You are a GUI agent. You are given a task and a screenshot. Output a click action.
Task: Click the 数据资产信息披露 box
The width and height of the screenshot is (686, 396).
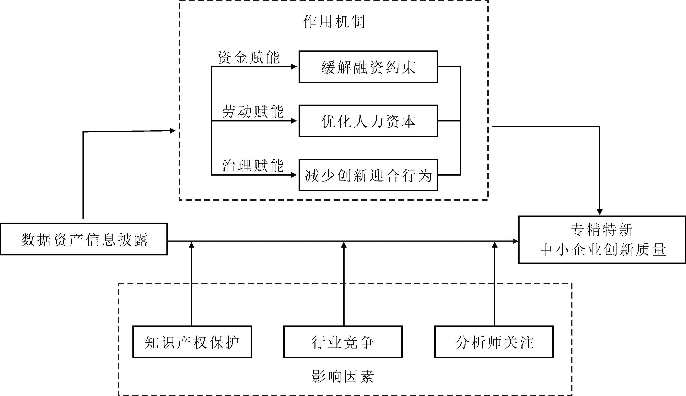(84, 239)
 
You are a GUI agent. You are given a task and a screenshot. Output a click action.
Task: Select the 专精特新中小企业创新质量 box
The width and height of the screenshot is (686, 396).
(602, 240)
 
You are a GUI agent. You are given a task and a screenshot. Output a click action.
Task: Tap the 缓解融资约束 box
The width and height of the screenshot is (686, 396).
(368, 67)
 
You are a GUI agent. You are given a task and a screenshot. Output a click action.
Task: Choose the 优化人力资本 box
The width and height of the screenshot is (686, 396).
(368, 121)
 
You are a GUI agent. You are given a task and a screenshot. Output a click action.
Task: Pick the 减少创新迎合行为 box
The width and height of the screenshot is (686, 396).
(368, 175)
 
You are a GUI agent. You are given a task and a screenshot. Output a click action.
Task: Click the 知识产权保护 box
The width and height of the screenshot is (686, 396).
(192, 342)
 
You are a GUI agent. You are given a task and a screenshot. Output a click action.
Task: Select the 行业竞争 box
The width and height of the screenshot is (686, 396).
(343, 342)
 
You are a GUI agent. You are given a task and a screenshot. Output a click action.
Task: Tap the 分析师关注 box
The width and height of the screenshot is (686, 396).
(494, 342)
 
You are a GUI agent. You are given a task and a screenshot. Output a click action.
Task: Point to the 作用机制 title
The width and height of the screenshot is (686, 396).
(334, 22)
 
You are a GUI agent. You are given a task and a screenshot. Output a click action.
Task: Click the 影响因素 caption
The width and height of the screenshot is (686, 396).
(343, 376)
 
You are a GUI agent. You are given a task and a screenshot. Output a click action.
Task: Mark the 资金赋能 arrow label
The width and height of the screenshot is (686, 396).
(249, 57)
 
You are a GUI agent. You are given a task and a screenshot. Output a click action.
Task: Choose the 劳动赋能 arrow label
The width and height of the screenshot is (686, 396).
(253, 111)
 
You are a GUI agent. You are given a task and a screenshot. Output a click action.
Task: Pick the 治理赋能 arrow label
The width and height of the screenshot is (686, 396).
(253, 166)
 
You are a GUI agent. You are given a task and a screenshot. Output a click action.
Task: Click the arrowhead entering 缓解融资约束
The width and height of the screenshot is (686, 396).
(294, 67)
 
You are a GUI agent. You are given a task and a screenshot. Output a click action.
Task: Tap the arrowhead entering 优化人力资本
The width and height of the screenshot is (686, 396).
(294, 121)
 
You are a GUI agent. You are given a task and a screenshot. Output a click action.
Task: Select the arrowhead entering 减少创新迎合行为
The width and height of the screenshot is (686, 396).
(294, 175)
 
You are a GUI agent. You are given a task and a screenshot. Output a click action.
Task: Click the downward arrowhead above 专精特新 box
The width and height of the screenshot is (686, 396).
(600, 212)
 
